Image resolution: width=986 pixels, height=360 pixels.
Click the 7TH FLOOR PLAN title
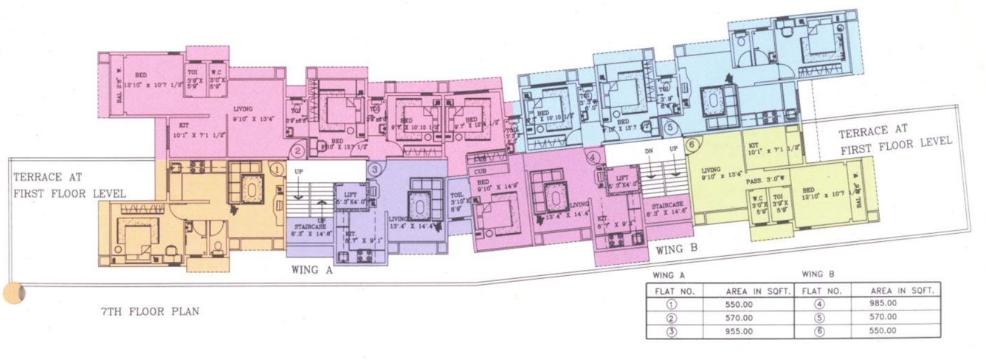pyautogui.click(x=150, y=311)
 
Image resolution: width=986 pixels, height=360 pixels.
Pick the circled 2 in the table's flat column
pyautogui.click(x=672, y=318)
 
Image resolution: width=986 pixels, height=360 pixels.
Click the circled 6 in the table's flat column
pyautogui.click(x=819, y=331)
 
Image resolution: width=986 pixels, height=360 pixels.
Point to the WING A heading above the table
pyautogui.click(x=663, y=275)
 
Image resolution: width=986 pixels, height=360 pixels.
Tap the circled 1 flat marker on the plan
pyautogui.click(x=276, y=169)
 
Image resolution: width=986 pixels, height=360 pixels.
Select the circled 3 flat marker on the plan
pyautogui.click(x=375, y=169)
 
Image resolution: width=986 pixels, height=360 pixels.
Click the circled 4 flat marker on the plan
pyautogui.click(x=594, y=158)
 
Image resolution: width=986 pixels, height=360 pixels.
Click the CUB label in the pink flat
pyautogui.click(x=480, y=159)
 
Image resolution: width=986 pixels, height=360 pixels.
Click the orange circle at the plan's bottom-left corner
pyautogui.click(x=14, y=293)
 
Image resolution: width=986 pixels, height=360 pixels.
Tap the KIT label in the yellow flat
pyautogui.click(x=754, y=145)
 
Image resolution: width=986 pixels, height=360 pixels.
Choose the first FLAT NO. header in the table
pyautogui.click(x=675, y=291)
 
